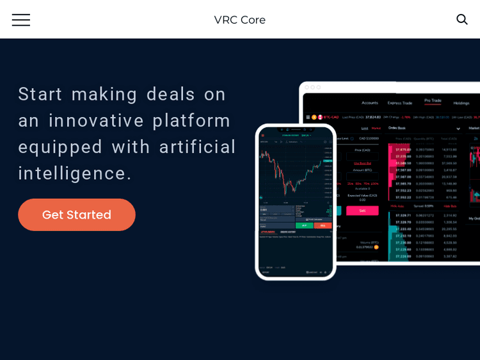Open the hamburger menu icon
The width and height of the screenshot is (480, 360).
[x=20, y=20]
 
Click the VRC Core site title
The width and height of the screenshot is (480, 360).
[x=239, y=20]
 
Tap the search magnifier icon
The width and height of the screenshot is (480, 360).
[x=461, y=19]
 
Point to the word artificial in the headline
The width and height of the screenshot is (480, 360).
[x=198, y=146]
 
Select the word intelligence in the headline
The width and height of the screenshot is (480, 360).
[x=74, y=173]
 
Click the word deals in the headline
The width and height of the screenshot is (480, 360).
[x=171, y=94]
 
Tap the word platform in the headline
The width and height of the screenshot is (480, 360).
[x=191, y=120]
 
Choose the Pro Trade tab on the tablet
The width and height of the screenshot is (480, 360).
[x=433, y=100]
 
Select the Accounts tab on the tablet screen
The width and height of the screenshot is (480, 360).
[x=370, y=102]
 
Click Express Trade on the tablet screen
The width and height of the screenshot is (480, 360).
[x=400, y=102]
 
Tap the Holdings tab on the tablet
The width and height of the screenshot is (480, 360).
[x=461, y=102]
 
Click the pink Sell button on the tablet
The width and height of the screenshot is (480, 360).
[x=362, y=210]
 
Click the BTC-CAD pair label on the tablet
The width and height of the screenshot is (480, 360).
[x=331, y=117]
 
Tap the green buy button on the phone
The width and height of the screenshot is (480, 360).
[x=305, y=225]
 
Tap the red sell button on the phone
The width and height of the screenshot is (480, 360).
[x=323, y=225]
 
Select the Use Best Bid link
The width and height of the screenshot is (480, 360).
[x=362, y=163]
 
